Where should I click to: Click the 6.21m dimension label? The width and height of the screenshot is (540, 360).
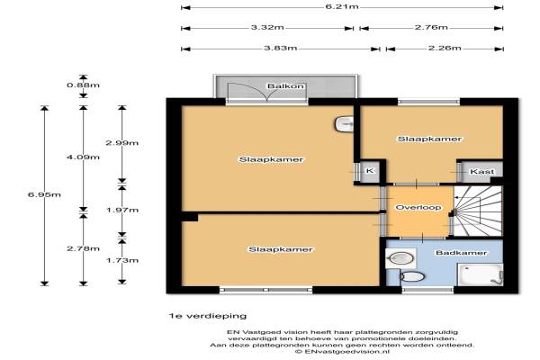pos(342,7)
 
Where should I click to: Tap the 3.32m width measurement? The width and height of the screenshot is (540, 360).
pos(267,27)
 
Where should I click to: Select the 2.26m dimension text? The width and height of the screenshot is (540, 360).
pos(445,48)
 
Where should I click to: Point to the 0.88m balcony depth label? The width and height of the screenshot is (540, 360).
pos(84,85)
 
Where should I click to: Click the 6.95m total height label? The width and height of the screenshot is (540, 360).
pos(44,194)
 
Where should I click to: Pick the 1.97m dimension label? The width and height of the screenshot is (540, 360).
pos(122,210)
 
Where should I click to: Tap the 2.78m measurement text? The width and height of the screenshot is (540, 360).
pos(84,248)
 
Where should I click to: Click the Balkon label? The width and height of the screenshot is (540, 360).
pos(286,85)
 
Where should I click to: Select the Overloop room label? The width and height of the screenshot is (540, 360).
pos(418,207)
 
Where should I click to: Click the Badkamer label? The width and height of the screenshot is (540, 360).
pos(461,253)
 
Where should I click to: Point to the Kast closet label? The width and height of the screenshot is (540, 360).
pos(482,171)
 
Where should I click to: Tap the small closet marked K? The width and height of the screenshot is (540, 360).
pos(370,171)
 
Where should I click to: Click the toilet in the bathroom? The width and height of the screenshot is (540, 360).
pos(411,276)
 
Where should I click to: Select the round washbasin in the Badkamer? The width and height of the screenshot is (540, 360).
pos(400,258)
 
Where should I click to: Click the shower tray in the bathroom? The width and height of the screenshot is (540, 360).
pos(480,274)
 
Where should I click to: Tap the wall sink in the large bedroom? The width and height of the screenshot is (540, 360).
pos(344,124)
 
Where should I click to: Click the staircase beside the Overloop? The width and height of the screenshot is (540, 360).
pos(477,211)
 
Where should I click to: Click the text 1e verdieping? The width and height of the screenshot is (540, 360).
pos(208,316)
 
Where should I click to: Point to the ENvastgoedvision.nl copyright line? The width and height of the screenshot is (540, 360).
pos(342,352)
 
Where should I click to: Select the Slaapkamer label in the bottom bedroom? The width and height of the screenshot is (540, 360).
pos(281,249)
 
